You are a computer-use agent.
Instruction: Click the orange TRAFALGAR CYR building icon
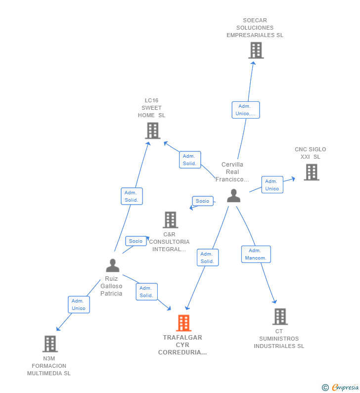click(183, 323)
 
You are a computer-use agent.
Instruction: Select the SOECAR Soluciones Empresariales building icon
click(256, 50)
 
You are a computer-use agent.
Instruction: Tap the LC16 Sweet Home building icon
click(153, 131)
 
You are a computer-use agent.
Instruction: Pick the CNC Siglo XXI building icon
click(312, 172)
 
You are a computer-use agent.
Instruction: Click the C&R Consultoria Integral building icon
click(171, 220)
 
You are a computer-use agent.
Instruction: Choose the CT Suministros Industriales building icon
click(280, 316)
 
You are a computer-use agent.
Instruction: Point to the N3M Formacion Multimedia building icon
click(50, 344)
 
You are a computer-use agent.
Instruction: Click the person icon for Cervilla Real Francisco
click(233, 196)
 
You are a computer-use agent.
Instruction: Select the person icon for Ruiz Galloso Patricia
click(113, 265)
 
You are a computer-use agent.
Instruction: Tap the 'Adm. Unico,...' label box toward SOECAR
click(246, 110)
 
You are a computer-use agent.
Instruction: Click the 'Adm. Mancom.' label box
click(256, 254)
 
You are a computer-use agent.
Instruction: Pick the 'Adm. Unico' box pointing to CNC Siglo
click(272, 185)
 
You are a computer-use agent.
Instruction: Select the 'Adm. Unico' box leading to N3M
click(79, 305)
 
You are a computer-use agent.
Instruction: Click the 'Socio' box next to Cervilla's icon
click(203, 201)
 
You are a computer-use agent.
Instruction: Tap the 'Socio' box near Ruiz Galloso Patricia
click(136, 241)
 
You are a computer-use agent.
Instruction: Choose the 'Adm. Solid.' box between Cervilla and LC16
click(190, 160)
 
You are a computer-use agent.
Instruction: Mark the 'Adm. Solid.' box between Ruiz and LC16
click(132, 196)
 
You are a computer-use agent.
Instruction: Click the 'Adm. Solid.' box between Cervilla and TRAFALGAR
click(208, 258)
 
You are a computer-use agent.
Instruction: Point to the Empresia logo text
click(345, 387)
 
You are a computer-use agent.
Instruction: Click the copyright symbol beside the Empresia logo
click(325, 388)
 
